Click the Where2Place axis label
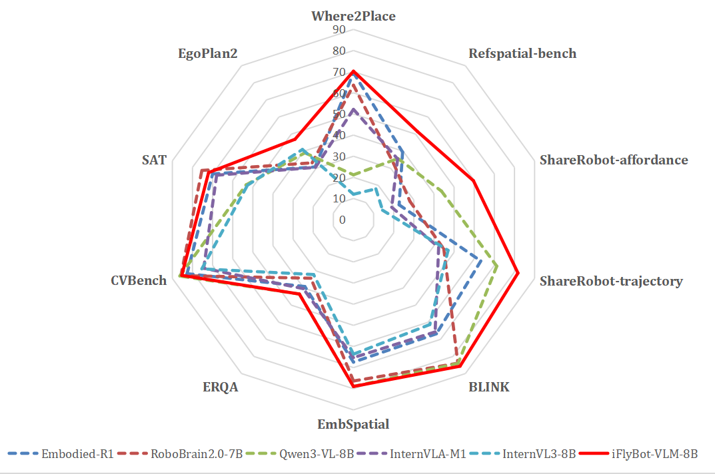[x=353, y=16]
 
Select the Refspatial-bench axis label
[x=522, y=54]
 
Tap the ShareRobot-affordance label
[x=613, y=160]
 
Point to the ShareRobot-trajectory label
[x=611, y=281]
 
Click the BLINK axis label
[x=488, y=386]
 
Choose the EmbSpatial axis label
[x=353, y=424]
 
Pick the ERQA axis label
[x=220, y=387]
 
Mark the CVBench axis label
[x=139, y=280]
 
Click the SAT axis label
[x=154, y=160]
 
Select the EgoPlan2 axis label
[x=207, y=54]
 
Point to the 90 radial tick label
[x=339, y=30]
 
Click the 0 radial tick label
[x=343, y=220]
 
